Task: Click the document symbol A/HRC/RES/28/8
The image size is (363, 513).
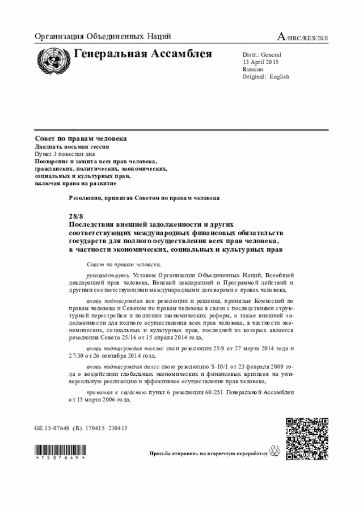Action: click(x=302, y=37)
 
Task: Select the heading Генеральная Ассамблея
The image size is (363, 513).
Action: click(x=142, y=54)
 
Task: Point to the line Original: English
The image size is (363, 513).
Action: click(x=265, y=77)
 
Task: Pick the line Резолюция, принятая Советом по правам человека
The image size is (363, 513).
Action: click(x=144, y=198)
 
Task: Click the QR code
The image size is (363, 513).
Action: click(x=306, y=438)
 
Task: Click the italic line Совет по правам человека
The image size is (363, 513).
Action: click(x=124, y=264)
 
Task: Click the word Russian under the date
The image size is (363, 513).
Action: click(x=253, y=69)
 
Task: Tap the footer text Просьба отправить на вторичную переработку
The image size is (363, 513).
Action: click(x=208, y=454)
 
